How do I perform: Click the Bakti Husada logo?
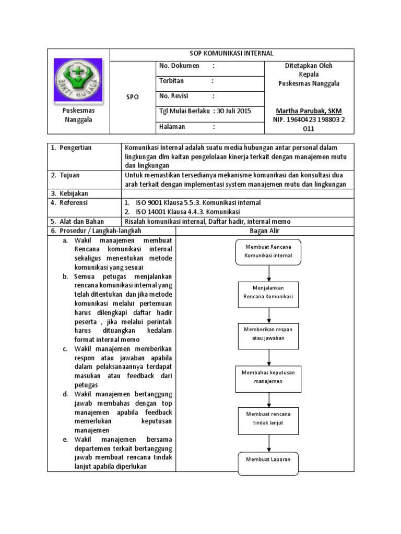78,80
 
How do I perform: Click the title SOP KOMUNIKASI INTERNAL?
231,54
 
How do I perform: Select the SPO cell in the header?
132,98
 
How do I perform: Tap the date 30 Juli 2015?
234,111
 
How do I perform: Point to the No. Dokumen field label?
179,66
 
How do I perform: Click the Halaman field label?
172,127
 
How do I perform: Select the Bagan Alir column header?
265,230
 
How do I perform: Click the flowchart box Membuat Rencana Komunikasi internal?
268,251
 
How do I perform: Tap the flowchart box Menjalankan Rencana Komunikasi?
268,292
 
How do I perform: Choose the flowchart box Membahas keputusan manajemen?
268,377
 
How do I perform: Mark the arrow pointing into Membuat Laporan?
268,443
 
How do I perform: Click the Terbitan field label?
172,81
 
